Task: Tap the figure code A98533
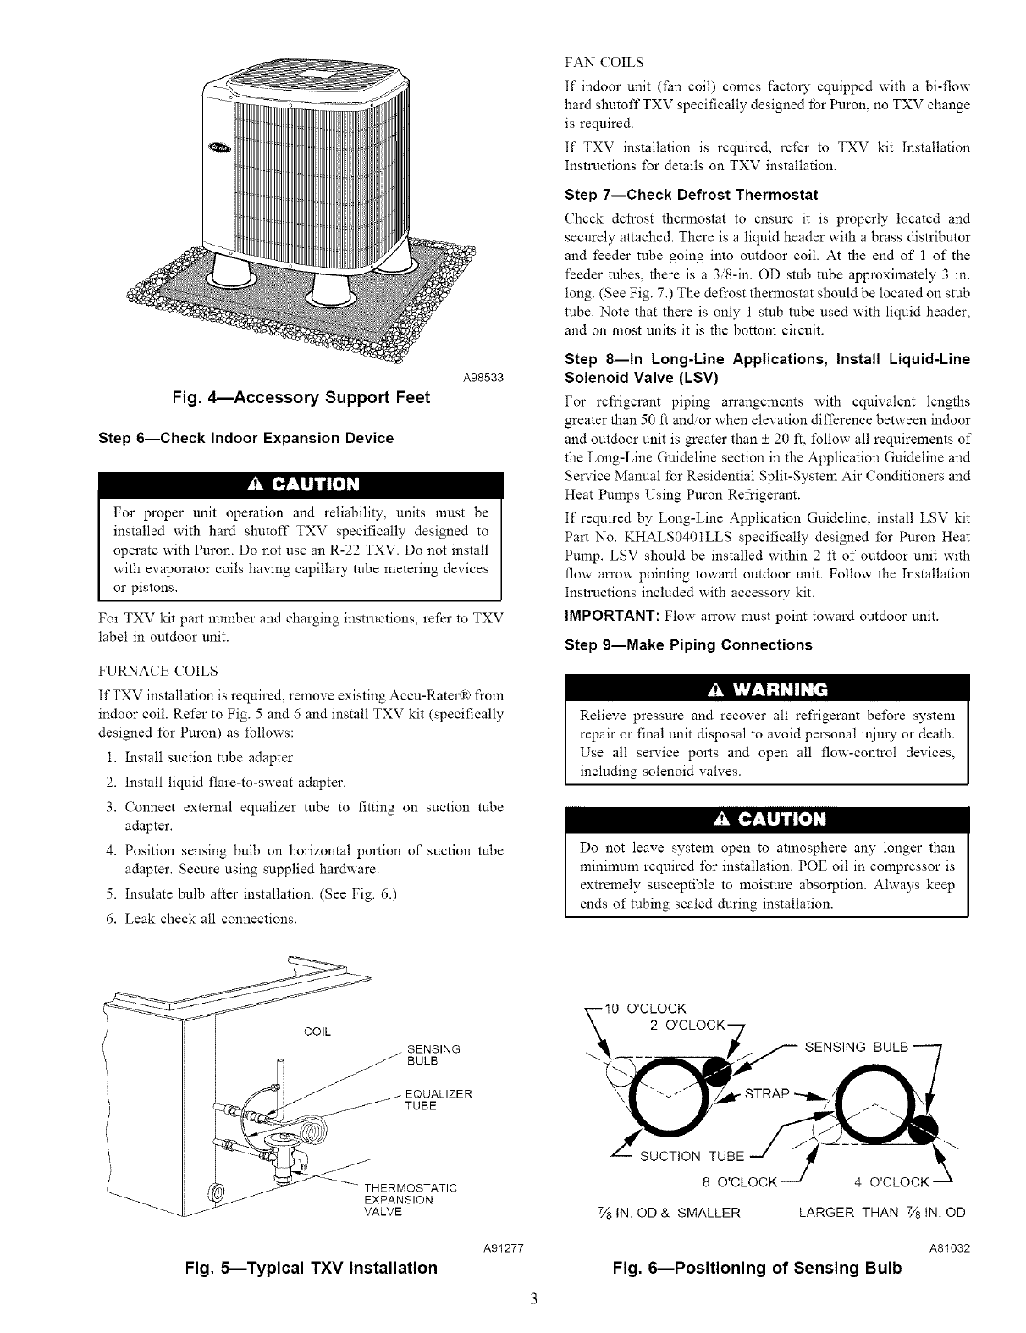(x=483, y=376)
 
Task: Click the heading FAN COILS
(x=604, y=62)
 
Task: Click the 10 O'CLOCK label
(x=651, y=1008)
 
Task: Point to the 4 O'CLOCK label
(x=891, y=1181)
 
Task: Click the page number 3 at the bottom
(x=512, y=1299)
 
